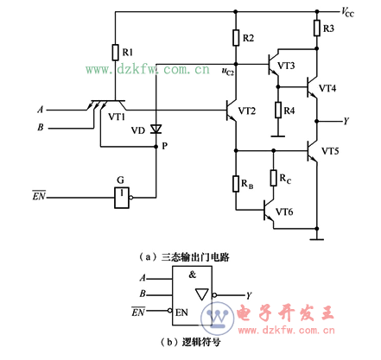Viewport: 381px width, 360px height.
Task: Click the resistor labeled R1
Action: click(114, 52)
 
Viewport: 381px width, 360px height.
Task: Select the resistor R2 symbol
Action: click(235, 38)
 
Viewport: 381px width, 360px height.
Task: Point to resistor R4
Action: click(277, 111)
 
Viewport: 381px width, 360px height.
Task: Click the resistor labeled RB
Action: click(234, 183)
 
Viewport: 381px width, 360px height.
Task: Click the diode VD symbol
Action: click(156, 129)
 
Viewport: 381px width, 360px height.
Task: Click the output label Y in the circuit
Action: click(345, 120)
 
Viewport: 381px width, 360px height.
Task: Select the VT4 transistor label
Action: click(329, 89)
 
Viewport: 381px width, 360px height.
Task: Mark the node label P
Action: click(164, 148)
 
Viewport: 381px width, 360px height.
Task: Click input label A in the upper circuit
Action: click(40, 110)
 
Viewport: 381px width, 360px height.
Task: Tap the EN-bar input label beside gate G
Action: click(39, 197)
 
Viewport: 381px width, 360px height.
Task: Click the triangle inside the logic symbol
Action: click(200, 294)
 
